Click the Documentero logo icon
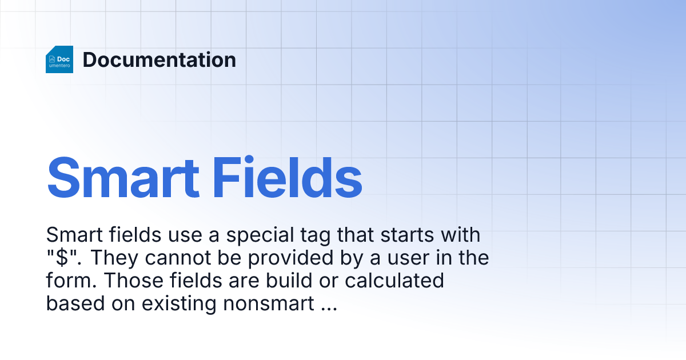click(59, 59)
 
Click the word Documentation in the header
click(159, 59)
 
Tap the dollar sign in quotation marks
click(63, 258)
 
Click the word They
click(114, 258)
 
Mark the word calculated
click(394, 281)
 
